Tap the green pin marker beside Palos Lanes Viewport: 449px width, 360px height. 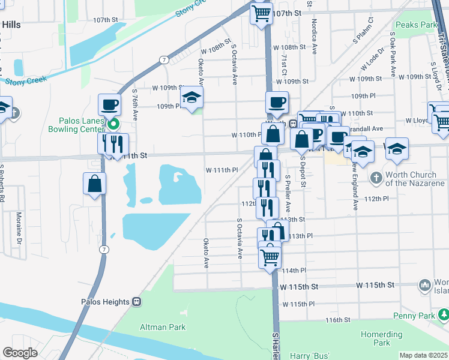coord(113,124)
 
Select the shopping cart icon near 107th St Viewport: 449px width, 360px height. coord(261,13)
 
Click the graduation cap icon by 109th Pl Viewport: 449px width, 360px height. coord(191,97)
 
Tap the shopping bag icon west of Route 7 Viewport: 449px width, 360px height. coord(95,184)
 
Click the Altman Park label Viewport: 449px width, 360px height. coord(162,327)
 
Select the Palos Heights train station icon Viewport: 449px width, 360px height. coord(137,302)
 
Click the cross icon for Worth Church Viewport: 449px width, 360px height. coord(376,178)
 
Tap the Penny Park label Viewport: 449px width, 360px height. coord(414,316)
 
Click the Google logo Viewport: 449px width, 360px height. coord(20,353)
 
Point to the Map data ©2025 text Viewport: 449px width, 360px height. coord(423,355)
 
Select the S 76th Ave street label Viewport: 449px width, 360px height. coord(135,104)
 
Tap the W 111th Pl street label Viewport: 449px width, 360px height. coord(222,170)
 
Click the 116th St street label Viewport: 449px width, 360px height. coord(338,321)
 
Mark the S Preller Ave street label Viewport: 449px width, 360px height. coord(288,197)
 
